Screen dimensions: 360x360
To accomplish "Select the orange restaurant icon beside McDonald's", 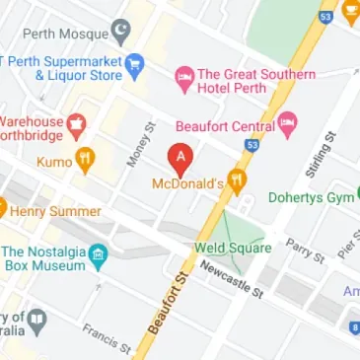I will [x=235, y=182].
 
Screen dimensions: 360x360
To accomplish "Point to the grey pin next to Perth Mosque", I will [x=120, y=34].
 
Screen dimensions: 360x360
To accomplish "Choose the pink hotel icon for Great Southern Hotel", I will [x=184, y=76].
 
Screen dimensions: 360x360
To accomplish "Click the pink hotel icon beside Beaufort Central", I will [x=287, y=124].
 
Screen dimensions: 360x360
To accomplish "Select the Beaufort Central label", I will [x=224, y=125].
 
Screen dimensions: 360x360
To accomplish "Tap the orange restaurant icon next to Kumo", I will [x=86, y=159].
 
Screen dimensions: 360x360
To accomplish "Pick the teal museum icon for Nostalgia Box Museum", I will [x=98, y=257].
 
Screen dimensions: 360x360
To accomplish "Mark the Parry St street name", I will [x=304, y=251].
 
